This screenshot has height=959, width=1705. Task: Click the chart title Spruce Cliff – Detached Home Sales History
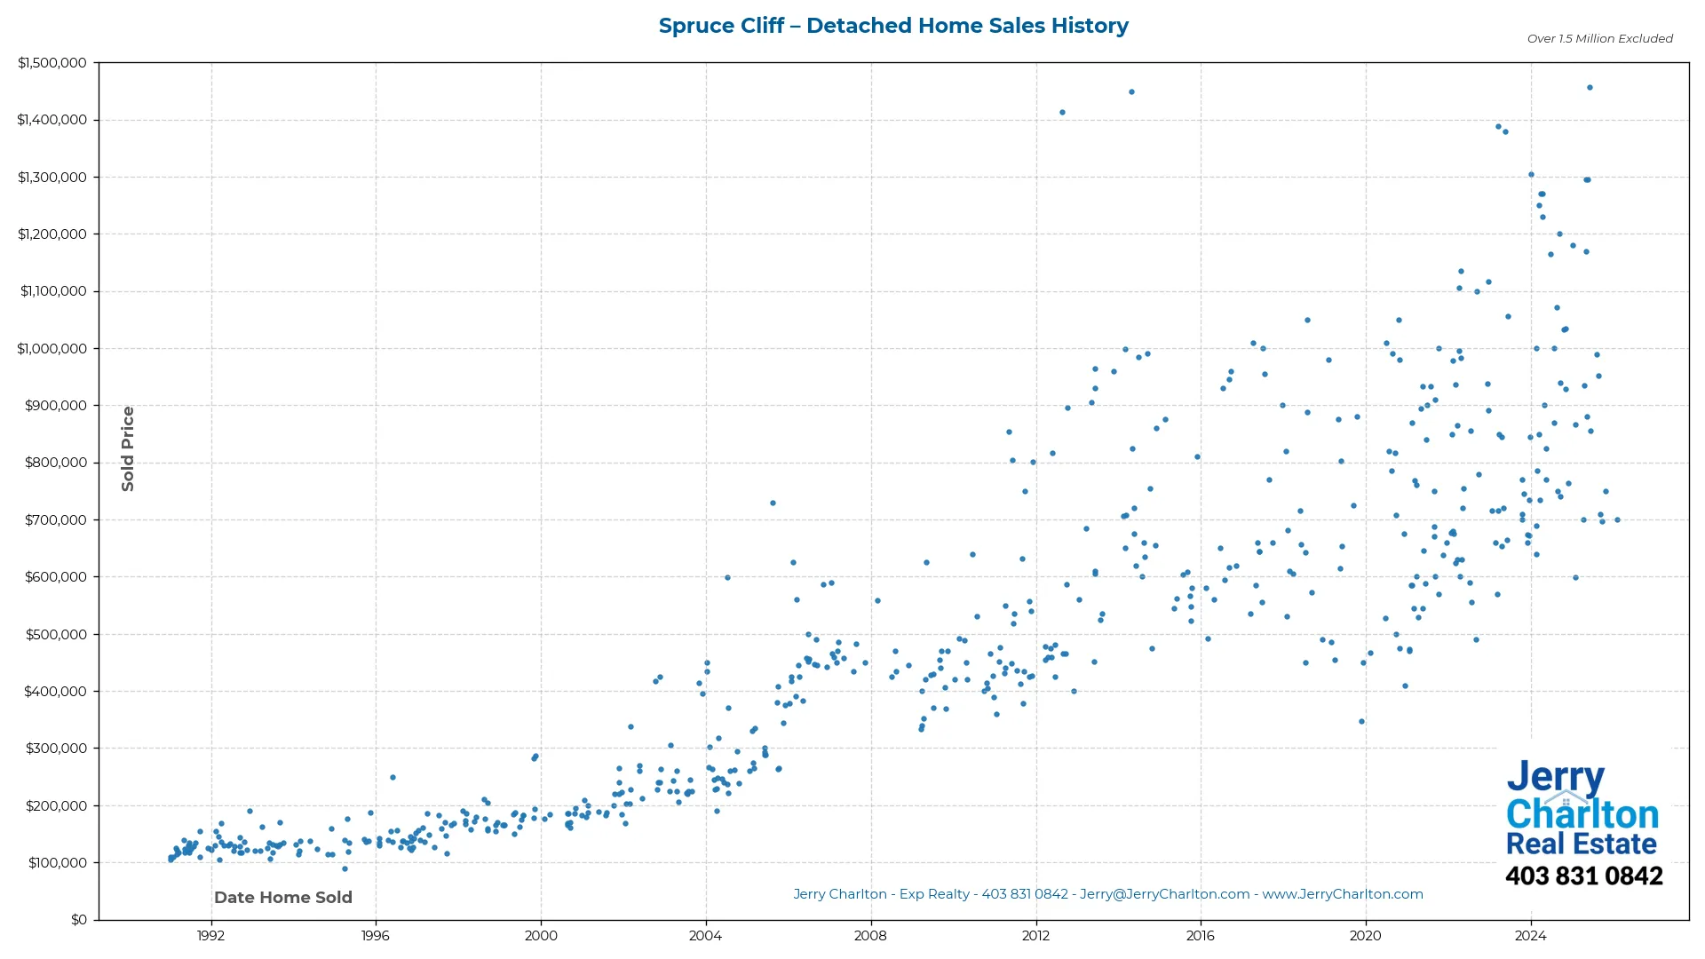pos(893,26)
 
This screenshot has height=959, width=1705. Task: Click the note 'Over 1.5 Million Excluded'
pos(1599,39)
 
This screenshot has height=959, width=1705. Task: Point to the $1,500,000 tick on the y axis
pos(52,63)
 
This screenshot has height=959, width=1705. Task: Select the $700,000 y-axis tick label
pos(56,520)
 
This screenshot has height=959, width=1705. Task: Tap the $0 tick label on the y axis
pos(79,920)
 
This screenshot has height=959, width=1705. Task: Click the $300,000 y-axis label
pos(56,749)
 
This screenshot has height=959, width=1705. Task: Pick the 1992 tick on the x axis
pos(210,936)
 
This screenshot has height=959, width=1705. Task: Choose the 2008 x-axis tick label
pos(870,936)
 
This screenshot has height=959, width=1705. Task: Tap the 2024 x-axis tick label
pos(1530,936)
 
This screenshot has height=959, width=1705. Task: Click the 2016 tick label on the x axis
pos(1201,936)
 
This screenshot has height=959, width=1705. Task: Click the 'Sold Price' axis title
pos(128,448)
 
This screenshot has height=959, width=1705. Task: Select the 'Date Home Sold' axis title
pos(283,898)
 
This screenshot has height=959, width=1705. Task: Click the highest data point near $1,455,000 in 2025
pos(1590,88)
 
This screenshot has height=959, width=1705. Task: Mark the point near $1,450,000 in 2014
pos(1131,92)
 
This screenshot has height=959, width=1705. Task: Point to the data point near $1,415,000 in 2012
pos(1062,113)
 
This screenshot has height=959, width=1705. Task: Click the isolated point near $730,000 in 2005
pos(773,503)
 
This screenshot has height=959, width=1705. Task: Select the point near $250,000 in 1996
pos(393,778)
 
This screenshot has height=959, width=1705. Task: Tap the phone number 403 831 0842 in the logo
pos(1583,876)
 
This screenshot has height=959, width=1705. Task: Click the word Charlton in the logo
pos(1582,815)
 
